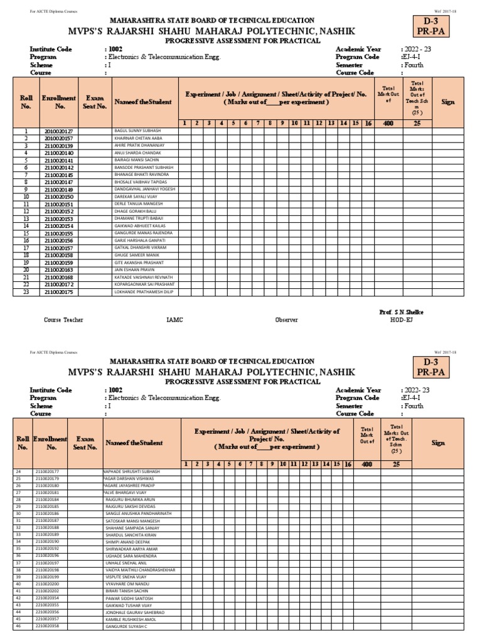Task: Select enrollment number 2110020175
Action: [59, 292]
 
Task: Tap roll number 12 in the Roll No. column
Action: [26, 212]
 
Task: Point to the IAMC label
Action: [174, 320]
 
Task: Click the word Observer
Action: [286, 320]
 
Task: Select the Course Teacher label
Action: [63, 320]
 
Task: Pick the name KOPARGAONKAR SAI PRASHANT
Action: [144, 285]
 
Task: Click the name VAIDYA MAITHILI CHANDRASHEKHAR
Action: [141, 570]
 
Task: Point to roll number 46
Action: [18, 626]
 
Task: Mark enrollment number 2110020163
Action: [59, 270]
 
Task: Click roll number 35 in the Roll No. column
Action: [18, 548]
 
